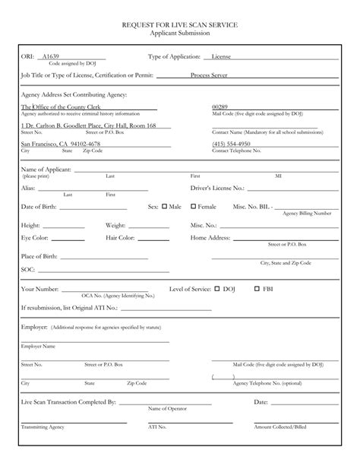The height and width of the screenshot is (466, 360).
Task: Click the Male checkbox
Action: [164, 206]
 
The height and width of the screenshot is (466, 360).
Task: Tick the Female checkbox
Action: [193, 206]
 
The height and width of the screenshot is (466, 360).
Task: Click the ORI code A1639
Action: [50, 57]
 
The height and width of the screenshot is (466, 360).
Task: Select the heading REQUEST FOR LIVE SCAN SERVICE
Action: [179, 25]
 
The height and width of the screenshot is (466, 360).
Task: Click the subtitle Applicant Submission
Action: [179, 34]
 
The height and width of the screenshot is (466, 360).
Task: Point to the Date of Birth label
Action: [39, 207]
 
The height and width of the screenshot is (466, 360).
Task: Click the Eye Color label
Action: [36, 239]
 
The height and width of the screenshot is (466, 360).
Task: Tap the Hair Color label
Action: [121, 239]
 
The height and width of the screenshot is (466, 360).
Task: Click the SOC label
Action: [28, 270]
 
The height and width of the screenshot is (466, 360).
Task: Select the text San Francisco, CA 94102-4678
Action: [60, 144]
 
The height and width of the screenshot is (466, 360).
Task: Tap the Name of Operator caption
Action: [166, 408]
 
